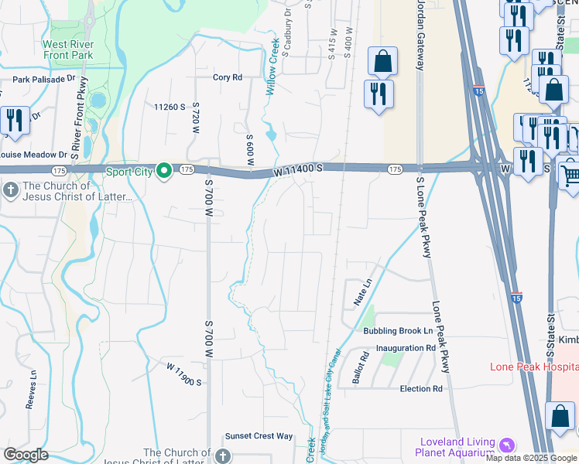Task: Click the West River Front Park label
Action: tap(69, 49)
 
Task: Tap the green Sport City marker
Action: tap(164, 170)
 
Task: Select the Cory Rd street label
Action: tap(228, 77)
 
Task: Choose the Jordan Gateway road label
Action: tap(420, 35)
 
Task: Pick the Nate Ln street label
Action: tap(360, 295)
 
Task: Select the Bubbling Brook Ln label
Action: tap(396, 331)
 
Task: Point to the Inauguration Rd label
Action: tap(406, 349)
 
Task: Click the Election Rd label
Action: tap(421, 388)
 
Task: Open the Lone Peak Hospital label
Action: tap(534, 366)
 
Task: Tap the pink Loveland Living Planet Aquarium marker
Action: tap(506, 445)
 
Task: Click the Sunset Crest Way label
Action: tap(259, 436)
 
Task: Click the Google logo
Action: tap(26, 455)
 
